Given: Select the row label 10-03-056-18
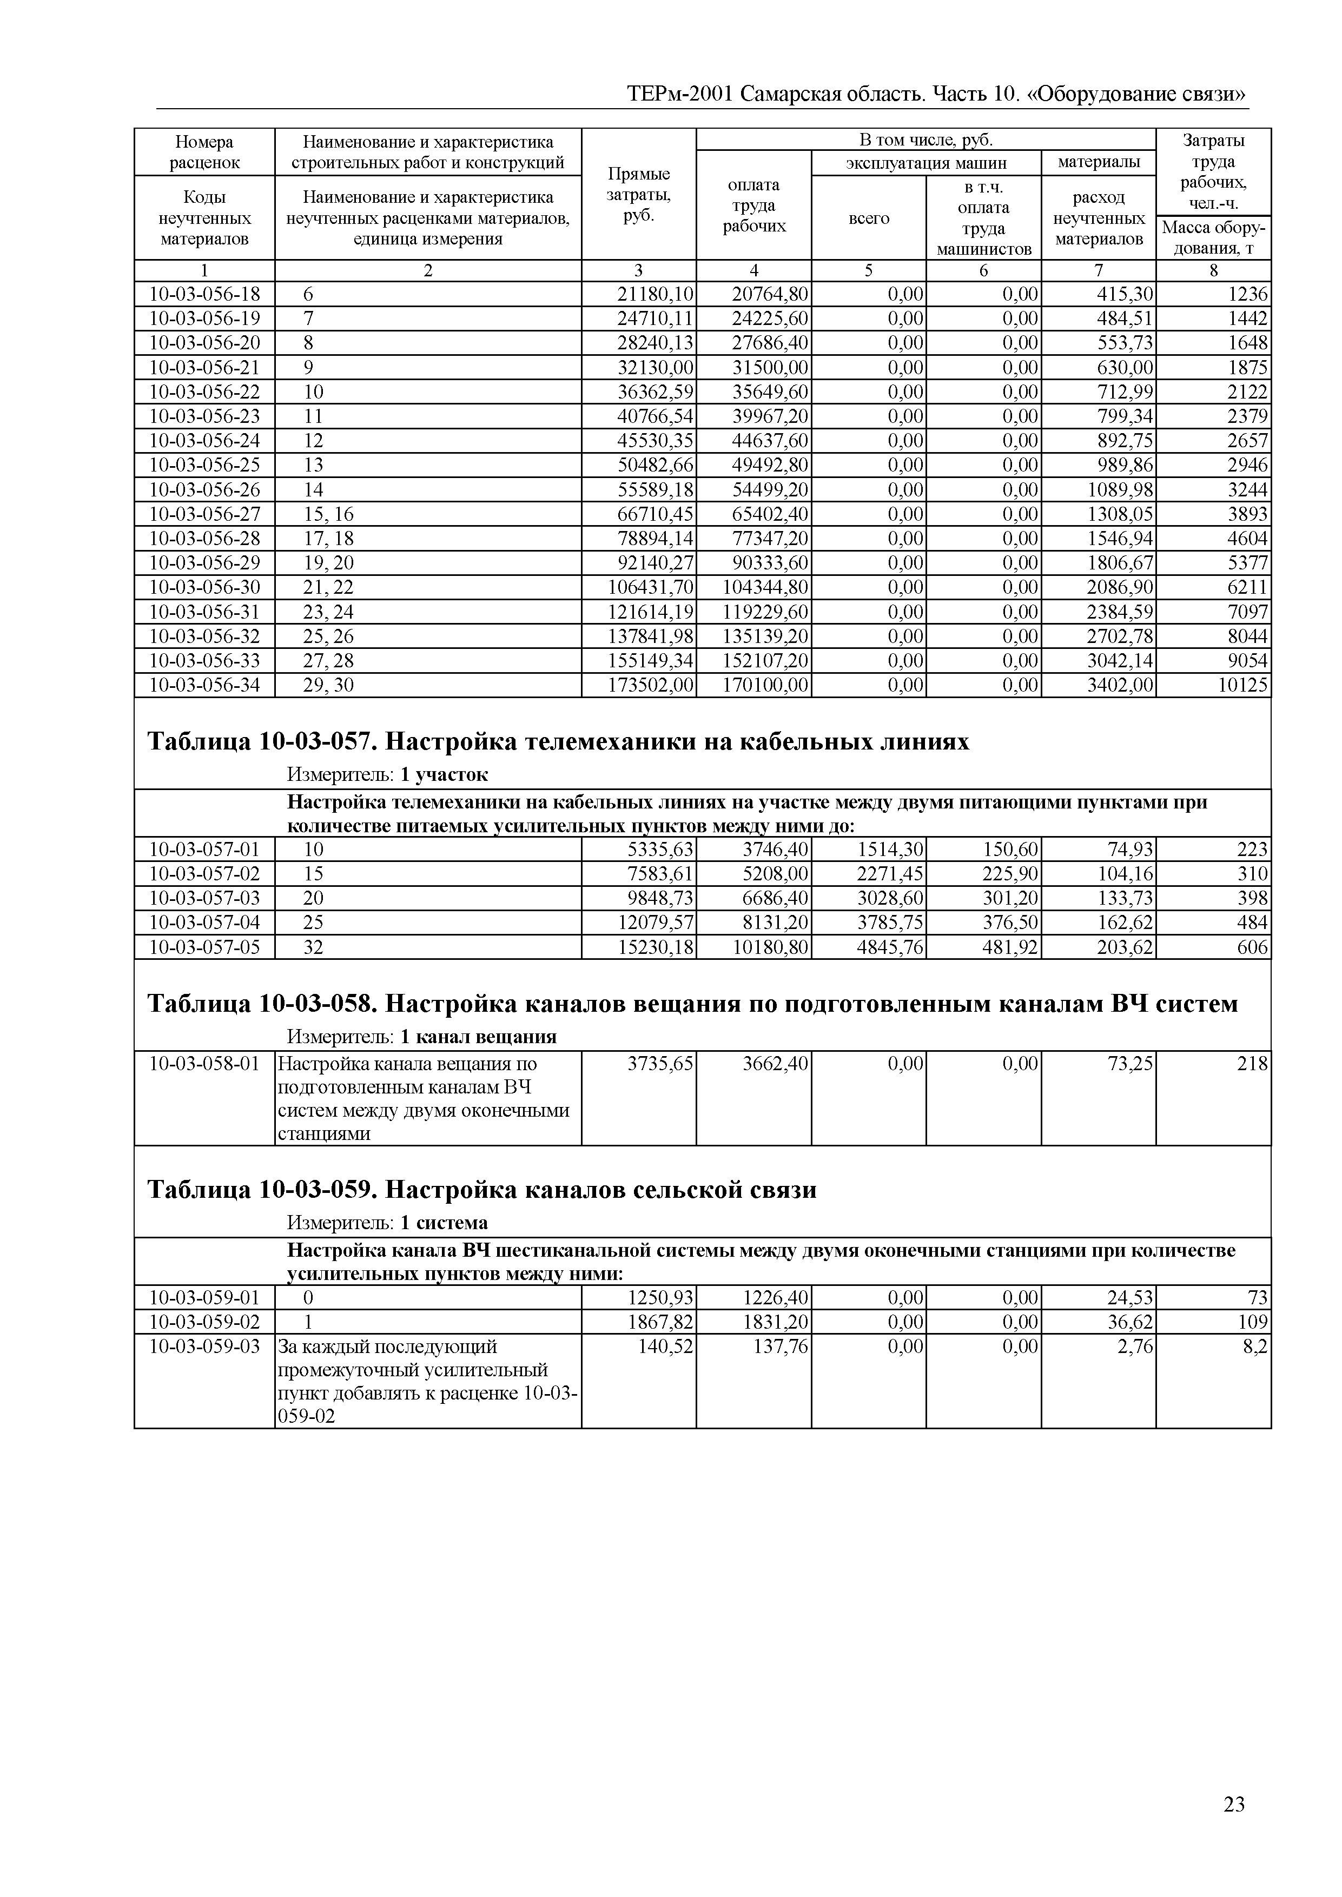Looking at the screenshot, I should tap(204, 294).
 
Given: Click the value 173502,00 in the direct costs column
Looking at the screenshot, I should tap(650, 685).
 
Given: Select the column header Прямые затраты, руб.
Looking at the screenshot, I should tap(638, 195).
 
